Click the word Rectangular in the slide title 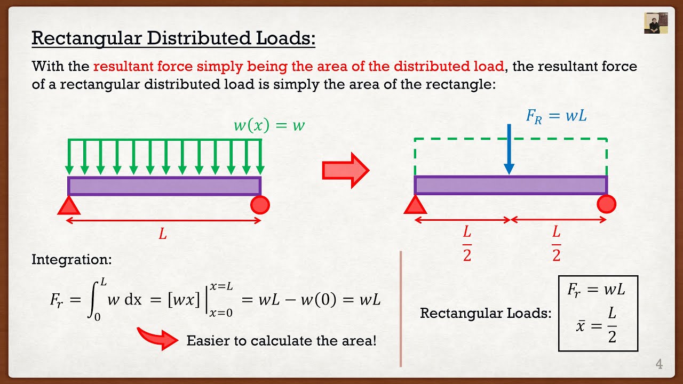coord(87,39)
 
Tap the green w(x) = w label coord(269,125)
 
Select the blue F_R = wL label coord(556,116)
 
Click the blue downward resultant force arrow coord(509,149)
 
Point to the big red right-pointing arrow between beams coord(346,170)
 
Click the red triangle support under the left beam coord(69,205)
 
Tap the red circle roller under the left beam coord(260,205)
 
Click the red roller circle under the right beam coord(607,204)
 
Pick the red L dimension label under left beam coord(163,234)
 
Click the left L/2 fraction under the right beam coord(467,244)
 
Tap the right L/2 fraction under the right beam coord(557,244)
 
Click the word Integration coord(72,260)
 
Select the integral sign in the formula coord(93,300)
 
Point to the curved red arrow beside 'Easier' coord(157,338)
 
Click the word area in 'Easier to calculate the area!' coord(359,341)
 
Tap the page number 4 coord(659,364)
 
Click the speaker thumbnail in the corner coord(656,23)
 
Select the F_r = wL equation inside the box coord(596,289)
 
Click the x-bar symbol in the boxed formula coord(580,326)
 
